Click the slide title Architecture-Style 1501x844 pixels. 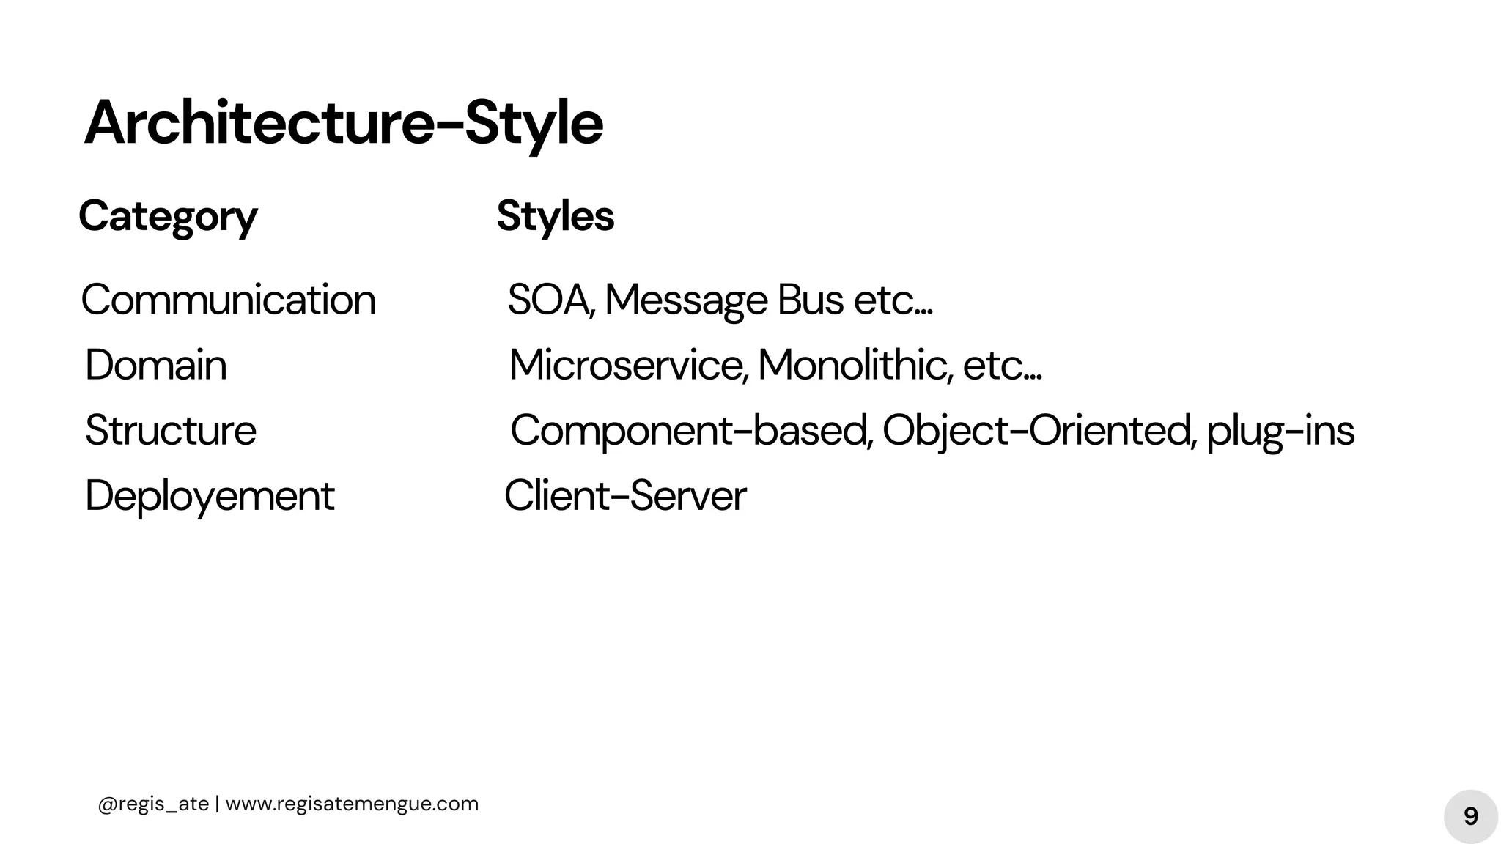343,123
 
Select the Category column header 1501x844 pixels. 168,216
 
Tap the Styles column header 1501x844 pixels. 555,216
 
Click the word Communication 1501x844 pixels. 228,300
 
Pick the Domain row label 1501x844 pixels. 156,365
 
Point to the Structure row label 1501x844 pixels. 171,430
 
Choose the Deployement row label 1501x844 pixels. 210,496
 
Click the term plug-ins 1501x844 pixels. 1280,431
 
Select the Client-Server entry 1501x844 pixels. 625,496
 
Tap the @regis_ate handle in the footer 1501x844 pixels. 153,804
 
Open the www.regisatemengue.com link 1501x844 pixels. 352,804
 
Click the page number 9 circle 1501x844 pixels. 1470,816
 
